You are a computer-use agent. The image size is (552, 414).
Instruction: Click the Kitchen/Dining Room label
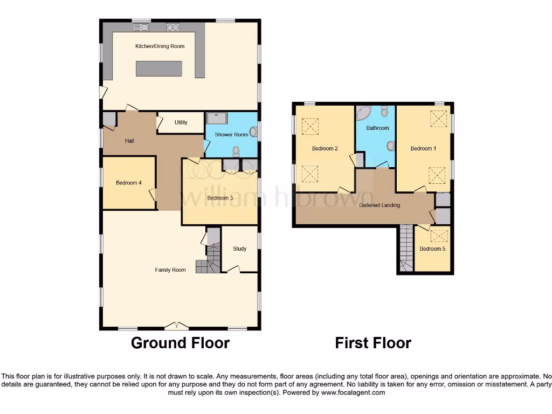coord(160,46)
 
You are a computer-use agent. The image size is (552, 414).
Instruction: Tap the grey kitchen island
coord(159,68)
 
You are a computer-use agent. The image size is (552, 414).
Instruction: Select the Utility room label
coord(181,122)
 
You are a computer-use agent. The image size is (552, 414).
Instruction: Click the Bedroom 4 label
coord(128,183)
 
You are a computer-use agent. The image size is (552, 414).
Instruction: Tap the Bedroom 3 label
coord(220,198)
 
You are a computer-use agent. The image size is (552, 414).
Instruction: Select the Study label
coord(239,249)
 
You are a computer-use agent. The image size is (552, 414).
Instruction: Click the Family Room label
coord(170,270)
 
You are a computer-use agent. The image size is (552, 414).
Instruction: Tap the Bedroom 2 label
coord(325,148)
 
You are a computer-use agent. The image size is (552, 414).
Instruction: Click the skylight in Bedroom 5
coord(440,235)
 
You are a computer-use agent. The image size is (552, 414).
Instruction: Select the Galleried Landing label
coord(379,205)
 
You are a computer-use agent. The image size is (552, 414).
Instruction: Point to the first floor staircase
coord(405,248)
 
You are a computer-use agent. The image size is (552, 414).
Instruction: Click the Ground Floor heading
coord(180,343)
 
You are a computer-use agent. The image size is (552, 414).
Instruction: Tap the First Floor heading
coord(373,343)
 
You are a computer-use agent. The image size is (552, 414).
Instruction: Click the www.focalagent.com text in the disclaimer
coord(353,392)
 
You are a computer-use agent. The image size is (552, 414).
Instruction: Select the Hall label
coord(129,141)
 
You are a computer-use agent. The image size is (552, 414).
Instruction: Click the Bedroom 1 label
coord(423,148)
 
